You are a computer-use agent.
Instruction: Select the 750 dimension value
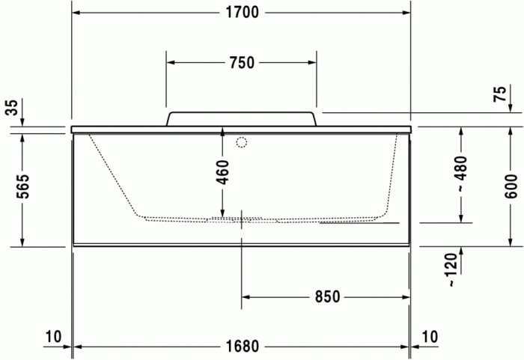pyautogui.click(x=241, y=63)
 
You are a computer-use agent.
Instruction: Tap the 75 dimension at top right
pyautogui.click(x=499, y=94)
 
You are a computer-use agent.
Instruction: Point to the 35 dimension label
pyautogui.click(x=11, y=108)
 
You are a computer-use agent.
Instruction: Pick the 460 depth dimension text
pyautogui.click(x=222, y=172)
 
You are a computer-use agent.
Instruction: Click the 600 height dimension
pyautogui.click(x=511, y=184)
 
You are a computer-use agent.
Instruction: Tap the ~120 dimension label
pyautogui.click(x=451, y=270)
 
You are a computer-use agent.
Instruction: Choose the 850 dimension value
pyautogui.click(x=326, y=297)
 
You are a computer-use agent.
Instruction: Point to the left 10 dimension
pyautogui.click(x=52, y=338)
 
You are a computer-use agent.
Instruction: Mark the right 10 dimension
pyautogui.click(x=430, y=338)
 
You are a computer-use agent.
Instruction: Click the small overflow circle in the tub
pyautogui.click(x=242, y=141)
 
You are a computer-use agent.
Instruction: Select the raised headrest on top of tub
pyautogui.click(x=242, y=119)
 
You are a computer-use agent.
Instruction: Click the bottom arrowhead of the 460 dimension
pyautogui.click(x=222, y=215)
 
